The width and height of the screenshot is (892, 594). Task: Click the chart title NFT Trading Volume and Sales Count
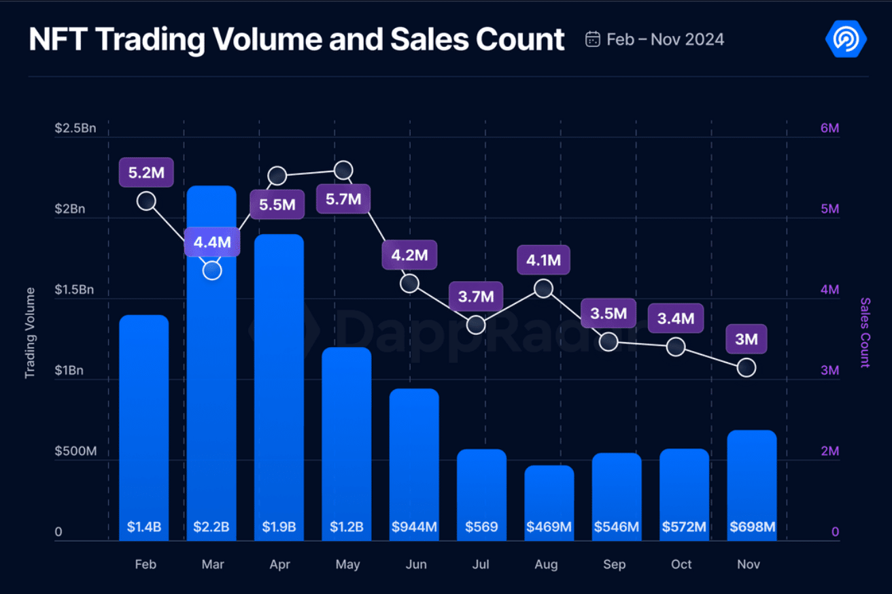pos(296,39)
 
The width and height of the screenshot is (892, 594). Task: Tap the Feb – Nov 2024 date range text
pos(665,39)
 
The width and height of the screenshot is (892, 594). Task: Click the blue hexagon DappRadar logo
pos(846,39)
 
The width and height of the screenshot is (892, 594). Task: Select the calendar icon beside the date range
pos(593,39)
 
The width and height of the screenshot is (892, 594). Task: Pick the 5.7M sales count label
pos(343,201)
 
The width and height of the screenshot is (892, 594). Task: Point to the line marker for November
pos(747,367)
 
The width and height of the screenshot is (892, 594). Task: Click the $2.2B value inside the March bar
pos(211,527)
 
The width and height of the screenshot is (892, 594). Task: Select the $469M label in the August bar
pos(549,527)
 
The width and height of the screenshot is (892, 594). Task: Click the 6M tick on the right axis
pos(829,129)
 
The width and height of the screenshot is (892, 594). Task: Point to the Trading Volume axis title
pos(30,333)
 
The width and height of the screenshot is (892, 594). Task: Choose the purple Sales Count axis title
pos(865,333)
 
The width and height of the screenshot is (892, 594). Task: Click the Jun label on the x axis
pos(416,565)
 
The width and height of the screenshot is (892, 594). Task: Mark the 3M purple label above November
pos(746,338)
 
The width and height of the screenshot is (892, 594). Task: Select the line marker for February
pos(146,201)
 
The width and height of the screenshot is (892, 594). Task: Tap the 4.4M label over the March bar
pos(212,242)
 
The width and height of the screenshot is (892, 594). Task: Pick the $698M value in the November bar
pos(752,527)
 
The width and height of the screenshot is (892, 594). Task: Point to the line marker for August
pos(543,288)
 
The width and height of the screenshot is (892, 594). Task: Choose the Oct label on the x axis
pos(681,565)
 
